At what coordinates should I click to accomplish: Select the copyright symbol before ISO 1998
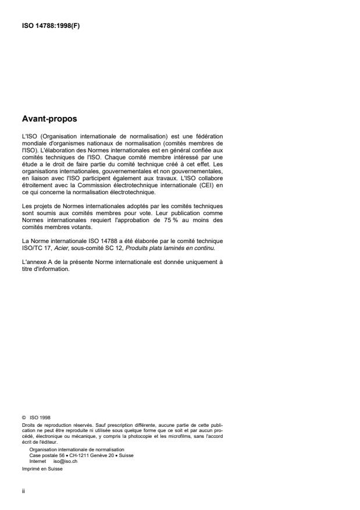(x=23, y=416)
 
